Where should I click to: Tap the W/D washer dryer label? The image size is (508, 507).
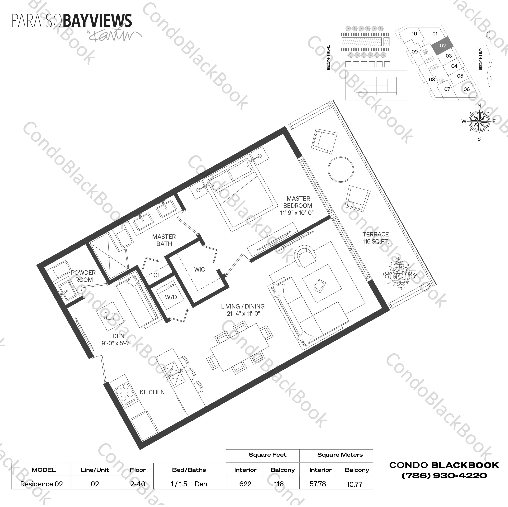click(x=171, y=297)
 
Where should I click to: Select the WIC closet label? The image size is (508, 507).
click(x=199, y=269)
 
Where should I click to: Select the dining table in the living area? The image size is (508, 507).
click(x=239, y=348)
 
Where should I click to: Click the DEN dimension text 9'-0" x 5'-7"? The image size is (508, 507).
click(x=116, y=343)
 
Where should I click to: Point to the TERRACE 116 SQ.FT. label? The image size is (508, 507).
click(x=376, y=238)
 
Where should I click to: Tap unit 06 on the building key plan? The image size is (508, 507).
click(x=466, y=89)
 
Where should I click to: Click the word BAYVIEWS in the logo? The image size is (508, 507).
click(x=97, y=21)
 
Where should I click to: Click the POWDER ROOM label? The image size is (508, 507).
click(x=84, y=276)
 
